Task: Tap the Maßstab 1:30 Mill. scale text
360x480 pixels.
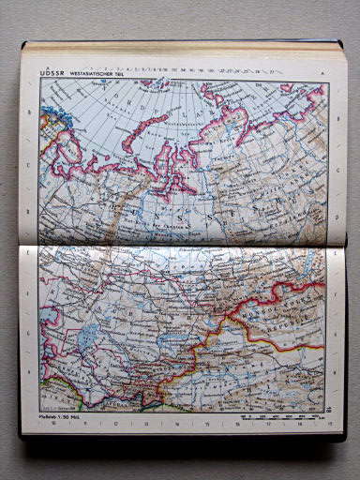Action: (60, 414)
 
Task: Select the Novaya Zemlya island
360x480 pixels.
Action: (141, 127)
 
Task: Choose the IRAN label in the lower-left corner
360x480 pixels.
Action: (52, 394)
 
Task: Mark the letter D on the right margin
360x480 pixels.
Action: (334, 212)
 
